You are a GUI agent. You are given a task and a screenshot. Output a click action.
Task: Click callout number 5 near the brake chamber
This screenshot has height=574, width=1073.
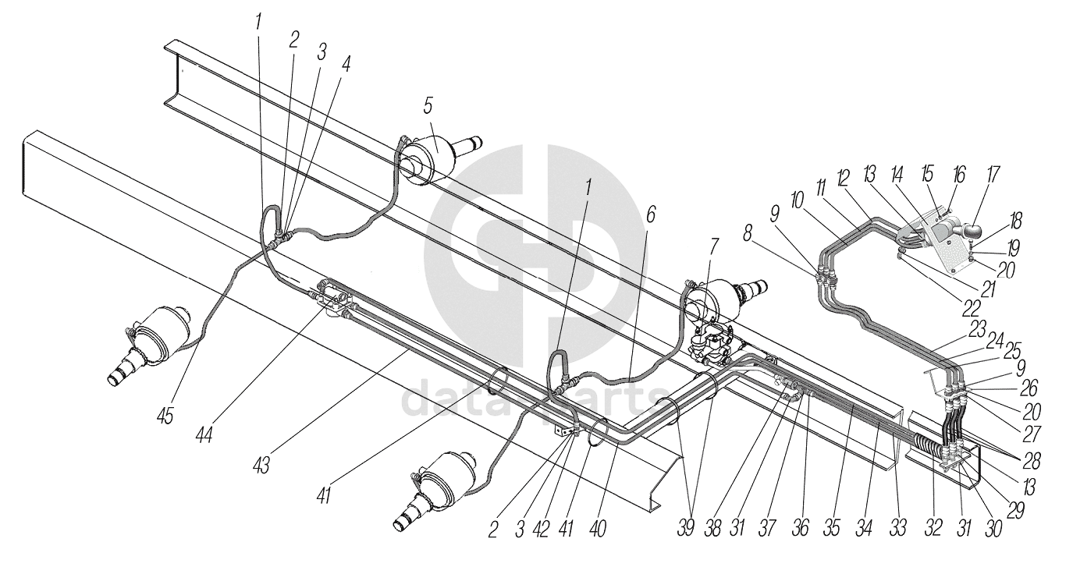click(x=428, y=106)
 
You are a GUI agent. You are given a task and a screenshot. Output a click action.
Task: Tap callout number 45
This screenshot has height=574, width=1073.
click(x=165, y=415)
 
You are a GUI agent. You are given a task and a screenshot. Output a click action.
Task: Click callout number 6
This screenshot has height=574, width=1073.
click(x=649, y=214)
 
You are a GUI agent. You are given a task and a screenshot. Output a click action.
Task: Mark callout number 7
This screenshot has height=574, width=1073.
click(x=714, y=247)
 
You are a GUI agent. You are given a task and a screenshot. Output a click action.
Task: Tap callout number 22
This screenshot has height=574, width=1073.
click(x=971, y=308)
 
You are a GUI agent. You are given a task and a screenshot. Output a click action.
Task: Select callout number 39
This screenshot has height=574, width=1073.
click(x=687, y=527)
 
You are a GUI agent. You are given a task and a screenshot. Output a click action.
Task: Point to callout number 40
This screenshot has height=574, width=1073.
click(x=599, y=529)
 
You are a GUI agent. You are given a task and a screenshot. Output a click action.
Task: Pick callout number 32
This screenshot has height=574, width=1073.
click(x=933, y=527)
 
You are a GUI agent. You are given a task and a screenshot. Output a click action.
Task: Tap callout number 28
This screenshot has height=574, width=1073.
click(x=1032, y=461)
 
